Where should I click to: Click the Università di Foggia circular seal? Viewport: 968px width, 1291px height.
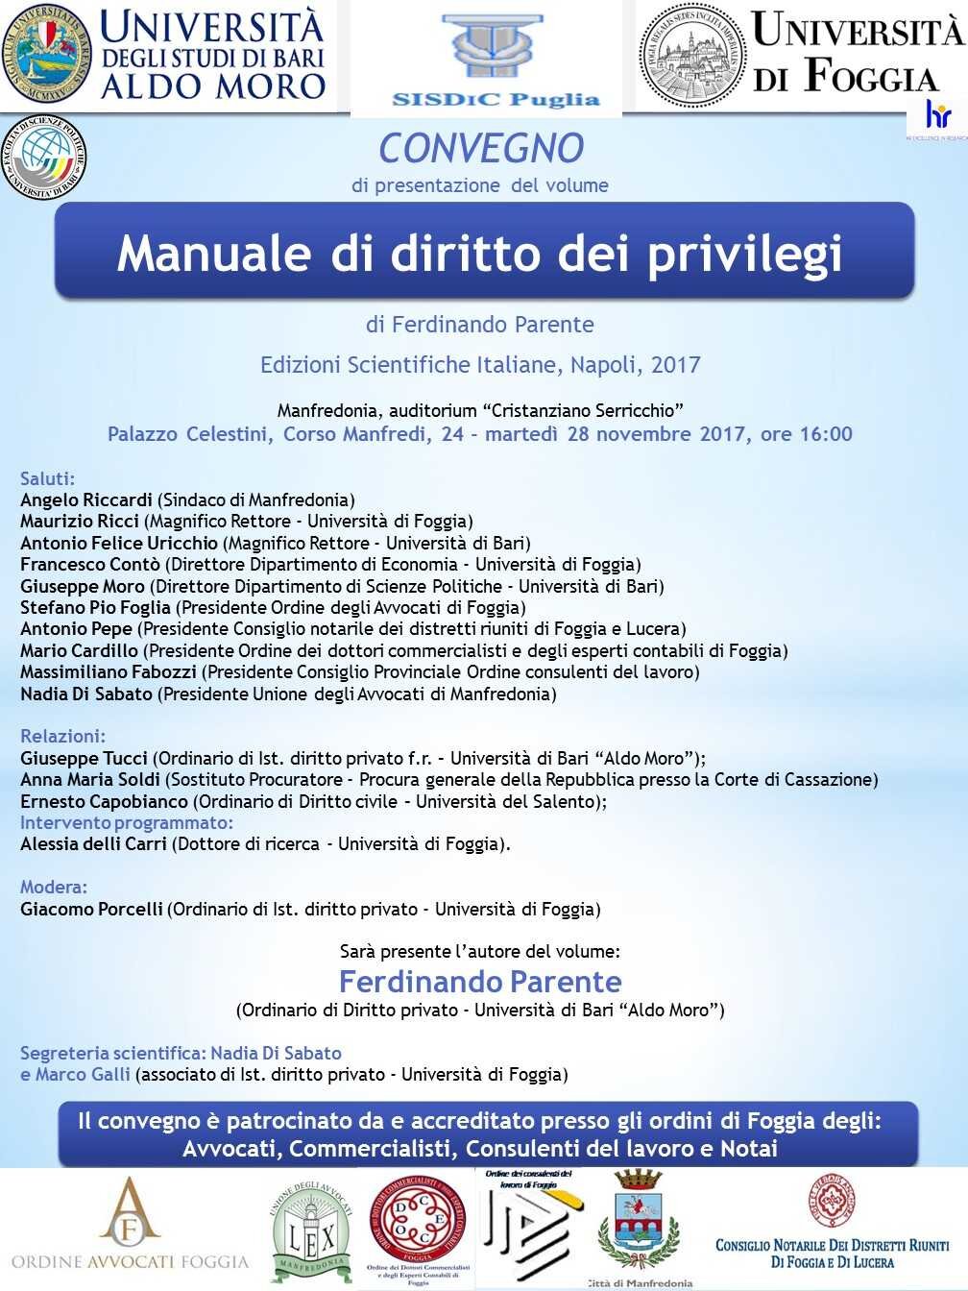tap(691, 54)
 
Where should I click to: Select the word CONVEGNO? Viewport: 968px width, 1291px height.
tap(480, 148)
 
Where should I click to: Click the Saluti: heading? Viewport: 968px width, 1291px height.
tap(47, 478)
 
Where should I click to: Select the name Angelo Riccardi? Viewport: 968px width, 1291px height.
tap(86, 499)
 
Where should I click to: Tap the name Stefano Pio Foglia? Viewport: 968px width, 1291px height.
tap(95, 607)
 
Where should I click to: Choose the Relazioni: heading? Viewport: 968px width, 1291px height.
tap(62, 736)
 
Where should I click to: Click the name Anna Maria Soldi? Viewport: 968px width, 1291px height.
tap(90, 779)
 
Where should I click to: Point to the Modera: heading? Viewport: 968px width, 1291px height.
tap(54, 887)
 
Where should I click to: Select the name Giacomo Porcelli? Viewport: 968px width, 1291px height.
tap(91, 909)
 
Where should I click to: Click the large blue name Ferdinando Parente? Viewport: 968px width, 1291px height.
tap(480, 982)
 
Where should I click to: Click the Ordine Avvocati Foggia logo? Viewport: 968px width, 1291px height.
tap(130, 1225)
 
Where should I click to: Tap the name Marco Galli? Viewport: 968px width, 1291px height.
tap(83, 1074)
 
